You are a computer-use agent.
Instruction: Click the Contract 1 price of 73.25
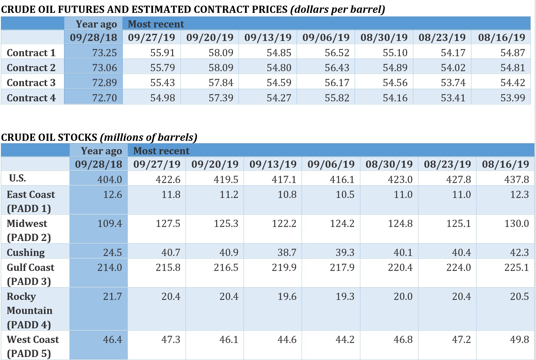(104, 53)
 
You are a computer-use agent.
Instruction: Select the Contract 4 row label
(31, 98)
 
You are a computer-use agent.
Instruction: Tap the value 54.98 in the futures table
(163, 98)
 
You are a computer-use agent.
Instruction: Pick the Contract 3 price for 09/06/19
(337, 83)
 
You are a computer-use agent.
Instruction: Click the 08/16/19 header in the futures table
(502, 37)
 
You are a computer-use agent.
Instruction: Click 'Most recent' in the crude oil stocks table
(161, 151)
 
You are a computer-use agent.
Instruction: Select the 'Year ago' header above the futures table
(96, 24)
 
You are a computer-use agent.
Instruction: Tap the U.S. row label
(17, 178)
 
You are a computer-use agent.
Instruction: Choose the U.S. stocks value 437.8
(517, 179)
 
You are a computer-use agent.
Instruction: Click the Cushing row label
(26, 252)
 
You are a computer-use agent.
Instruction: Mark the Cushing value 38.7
(287, 252)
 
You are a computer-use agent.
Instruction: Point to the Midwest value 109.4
(110, 223)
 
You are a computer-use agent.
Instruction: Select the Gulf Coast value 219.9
(284, 267)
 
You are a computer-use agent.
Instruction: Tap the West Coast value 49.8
(520, 339)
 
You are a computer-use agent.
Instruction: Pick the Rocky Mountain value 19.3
(345, 296)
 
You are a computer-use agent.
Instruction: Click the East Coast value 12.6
(113, 194)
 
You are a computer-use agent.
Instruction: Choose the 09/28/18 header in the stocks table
(98, 164)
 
